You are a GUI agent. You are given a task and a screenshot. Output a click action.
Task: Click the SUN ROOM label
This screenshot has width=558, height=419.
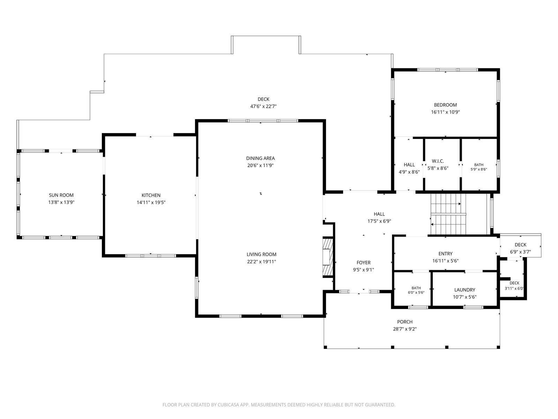coord(61,195)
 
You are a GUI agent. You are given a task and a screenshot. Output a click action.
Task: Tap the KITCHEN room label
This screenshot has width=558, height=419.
coord(151,195)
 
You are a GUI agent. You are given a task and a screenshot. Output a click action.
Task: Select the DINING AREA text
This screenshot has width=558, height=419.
coord(260,158)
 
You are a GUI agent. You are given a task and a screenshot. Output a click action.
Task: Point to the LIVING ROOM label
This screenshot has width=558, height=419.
coord(261,254)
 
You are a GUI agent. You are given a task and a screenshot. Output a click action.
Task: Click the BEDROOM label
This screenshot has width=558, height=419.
coord(445,105)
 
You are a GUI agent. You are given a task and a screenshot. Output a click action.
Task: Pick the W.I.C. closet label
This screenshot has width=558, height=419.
coord(438,161)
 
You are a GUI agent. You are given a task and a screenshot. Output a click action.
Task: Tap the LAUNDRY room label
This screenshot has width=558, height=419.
coord(465,290)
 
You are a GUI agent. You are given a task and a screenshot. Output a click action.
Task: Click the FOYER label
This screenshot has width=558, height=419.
coord(363,263)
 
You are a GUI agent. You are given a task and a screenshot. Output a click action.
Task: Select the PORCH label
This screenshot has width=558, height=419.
coord(405,322)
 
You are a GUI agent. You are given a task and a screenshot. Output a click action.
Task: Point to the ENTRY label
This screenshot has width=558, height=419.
coord(445,253)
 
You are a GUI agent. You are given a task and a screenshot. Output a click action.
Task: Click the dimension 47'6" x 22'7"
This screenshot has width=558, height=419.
coord(263,106)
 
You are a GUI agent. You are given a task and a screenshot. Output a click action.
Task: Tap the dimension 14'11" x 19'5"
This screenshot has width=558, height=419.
coord(151,203)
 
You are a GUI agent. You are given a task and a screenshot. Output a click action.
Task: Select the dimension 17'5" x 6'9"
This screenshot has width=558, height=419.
coord(379,221)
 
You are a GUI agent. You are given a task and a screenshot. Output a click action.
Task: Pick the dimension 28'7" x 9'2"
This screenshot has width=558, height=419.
coord(405,329)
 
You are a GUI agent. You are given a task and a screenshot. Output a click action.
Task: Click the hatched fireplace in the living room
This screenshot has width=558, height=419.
coord(328,257)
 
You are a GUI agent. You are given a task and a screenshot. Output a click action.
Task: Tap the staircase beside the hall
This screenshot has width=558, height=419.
coord(448,214)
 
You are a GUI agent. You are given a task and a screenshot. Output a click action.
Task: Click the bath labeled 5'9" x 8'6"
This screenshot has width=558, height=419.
coord(479,167)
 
